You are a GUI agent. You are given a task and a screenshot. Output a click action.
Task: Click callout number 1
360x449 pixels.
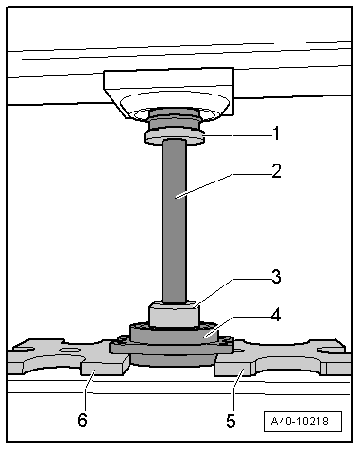coord(275,133)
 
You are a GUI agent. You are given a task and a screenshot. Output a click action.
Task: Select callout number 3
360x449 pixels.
coord(275,278)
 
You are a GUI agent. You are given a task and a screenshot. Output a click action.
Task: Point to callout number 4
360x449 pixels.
coord(275,316)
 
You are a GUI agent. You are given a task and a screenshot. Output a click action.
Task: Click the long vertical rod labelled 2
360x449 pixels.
coord(176,217)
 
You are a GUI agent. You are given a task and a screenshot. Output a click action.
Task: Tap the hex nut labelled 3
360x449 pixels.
coord(173,314)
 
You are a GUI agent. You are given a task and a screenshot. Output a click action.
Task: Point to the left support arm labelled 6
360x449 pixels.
coord(66,364)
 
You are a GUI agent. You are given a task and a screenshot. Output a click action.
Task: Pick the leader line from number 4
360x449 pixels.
coord(236,323)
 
